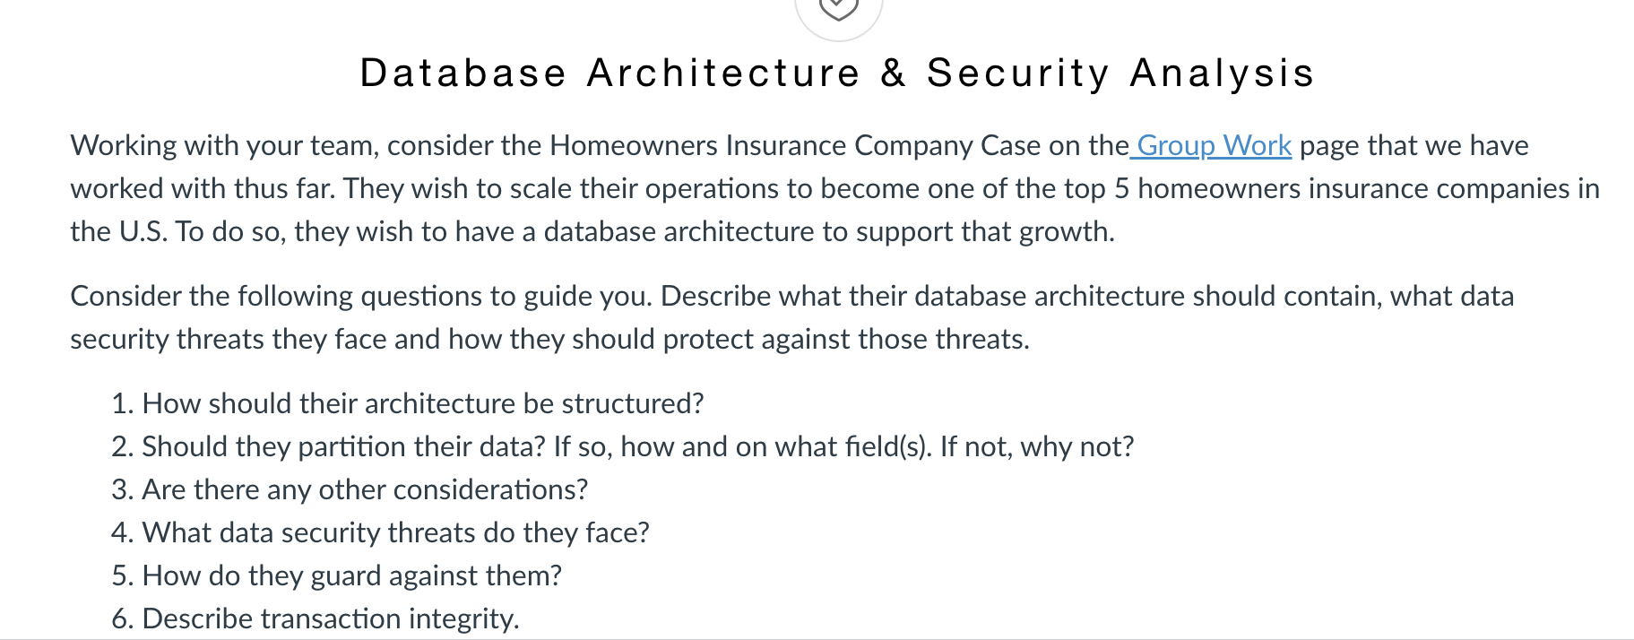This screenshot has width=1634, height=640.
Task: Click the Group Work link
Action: point(1214,145)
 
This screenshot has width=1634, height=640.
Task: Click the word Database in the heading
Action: point(463,74)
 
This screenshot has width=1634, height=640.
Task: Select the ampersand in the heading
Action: point(893,74)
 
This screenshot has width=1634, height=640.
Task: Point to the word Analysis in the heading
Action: point(1222,74)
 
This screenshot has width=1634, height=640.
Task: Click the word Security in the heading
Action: point(1018,74)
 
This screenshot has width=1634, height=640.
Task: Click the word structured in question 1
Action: point(632,403)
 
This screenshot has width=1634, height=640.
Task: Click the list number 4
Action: point(121,532)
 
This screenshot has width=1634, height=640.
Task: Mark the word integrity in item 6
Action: point(463,618)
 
